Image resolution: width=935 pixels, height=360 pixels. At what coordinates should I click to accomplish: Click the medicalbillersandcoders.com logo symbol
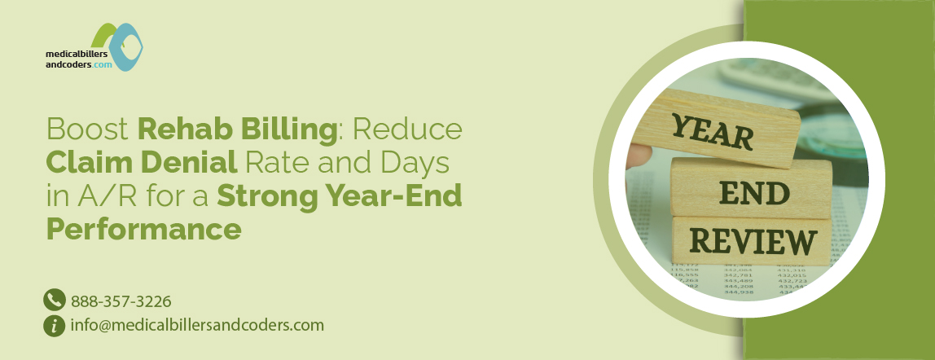pos(116,45)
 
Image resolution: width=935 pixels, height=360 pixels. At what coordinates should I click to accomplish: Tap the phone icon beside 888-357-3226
pos(55,301)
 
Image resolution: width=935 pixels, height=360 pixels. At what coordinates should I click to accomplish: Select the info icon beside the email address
pos(55,326)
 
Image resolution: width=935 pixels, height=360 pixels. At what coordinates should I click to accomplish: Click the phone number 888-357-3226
pos(121,301)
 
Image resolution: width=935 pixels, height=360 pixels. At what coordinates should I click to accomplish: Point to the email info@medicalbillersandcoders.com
pos(198,326)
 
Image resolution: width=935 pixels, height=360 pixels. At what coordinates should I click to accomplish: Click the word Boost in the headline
pos(88,129)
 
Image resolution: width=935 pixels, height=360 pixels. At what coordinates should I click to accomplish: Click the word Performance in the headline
pos(143,229)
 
